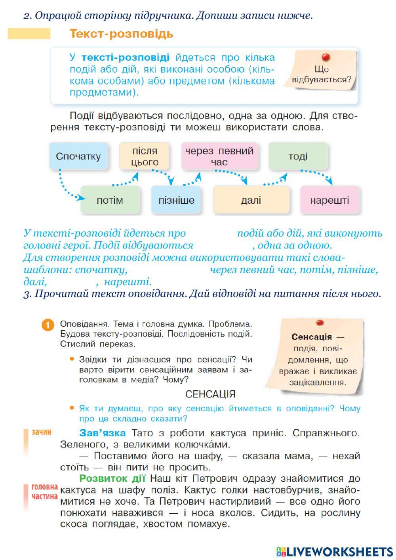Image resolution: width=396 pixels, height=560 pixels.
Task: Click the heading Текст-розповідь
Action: (x=121, y=34)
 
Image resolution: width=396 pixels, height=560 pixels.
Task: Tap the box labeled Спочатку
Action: (x=78, y=156)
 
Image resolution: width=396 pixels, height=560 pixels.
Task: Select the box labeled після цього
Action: (x=145, y=156)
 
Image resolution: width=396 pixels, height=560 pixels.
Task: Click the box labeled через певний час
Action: (x=219, y=156)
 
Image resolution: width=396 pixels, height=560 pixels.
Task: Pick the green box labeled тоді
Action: (x=298, y=156)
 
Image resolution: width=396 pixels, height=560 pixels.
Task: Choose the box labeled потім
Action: (x=110, y=200)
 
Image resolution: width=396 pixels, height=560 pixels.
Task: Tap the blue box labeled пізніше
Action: (x=176, y=200)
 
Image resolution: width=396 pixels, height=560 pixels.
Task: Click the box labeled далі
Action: (x=251, y=200)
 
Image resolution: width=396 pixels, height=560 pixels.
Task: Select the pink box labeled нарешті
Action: (x=329, y=200)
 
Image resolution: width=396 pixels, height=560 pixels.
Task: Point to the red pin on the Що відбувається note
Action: (x=326, y=57)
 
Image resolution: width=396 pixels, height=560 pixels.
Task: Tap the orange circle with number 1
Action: (x=47, y=325)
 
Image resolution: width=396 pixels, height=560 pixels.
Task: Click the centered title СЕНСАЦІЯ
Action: (x=210, y=394)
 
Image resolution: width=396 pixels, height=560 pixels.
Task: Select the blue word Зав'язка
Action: (x=103, y=433)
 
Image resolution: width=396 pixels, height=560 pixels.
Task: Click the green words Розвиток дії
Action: (x=112, y=478)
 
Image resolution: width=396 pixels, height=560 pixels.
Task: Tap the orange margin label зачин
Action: (x=42, y=432)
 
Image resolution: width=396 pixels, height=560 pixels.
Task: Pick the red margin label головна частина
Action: (x=44, y=491)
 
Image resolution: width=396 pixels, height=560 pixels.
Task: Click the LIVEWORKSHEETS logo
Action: (x=335, y=551)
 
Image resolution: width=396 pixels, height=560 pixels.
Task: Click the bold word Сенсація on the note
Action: (x=312, y=337)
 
